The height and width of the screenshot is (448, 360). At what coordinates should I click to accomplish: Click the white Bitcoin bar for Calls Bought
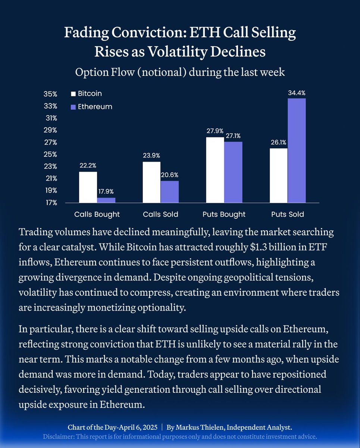pyautogui.click(x=88, y=187)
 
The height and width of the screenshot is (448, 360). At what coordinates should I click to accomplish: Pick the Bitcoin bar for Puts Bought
pyautogui.click(x=215, y=170)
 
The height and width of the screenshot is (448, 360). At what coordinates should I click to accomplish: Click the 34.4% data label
pyautogui.click(x=297, y=93)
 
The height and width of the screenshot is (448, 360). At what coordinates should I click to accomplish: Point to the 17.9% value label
pyautogui.click(x=106, y=192)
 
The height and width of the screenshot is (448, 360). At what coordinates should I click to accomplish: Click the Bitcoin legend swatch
pyautogui.click(x=73, y=94)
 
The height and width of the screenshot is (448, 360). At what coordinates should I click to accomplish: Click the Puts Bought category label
pyautogui.click(x=224, y=214)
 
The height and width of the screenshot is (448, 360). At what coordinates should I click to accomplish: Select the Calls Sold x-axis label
pyautogui.click(x=160, y=214)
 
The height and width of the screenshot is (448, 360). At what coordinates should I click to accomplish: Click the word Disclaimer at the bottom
pyautogui.click(x=58, y=436)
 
